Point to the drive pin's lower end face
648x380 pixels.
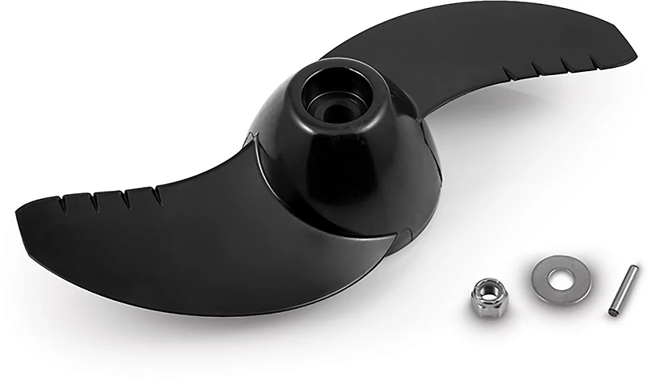pyautogui.click(x=614, y=311)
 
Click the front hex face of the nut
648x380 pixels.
pyautogui.click(x=487, y=303)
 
